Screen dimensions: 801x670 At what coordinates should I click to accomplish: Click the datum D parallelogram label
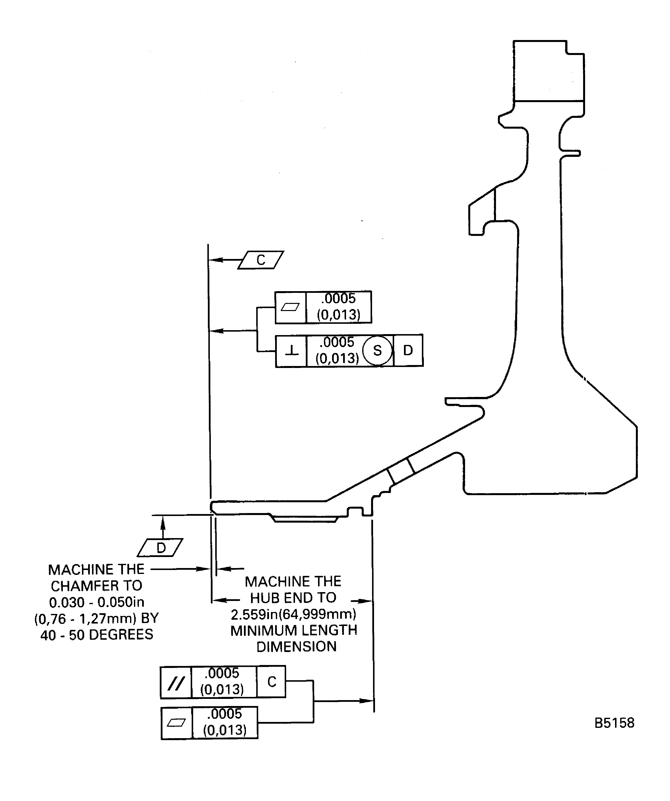click(x=161, y=548)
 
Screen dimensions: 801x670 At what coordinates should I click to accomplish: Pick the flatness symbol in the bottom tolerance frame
click(x=176, y=723)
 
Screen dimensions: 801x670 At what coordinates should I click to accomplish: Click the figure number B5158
click(x=614, y=723)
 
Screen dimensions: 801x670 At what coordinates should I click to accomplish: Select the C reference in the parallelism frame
click(x=271, y=682)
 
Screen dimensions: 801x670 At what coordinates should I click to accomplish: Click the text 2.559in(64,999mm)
click(x=293, y=614)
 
